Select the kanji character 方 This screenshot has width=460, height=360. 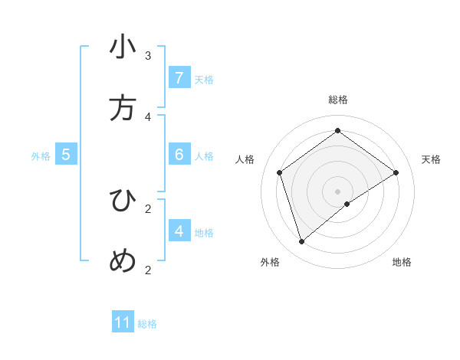click(x=123, y=108)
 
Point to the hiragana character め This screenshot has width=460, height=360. click(x=123, y=261)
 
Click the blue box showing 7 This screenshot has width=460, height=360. click(x=179, y=78)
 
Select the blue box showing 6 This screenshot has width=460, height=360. click(x=179, y=155)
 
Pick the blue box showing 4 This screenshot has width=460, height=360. click(x=179, y=231)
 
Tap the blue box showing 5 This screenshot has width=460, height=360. click(x=66, y=155)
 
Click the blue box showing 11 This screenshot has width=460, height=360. click(x=123, y=322)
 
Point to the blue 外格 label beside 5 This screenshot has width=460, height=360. click(x=41, y=156)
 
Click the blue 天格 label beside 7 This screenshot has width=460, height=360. click(x=204, y=80)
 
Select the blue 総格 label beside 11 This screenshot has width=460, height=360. click(x=147, y=324)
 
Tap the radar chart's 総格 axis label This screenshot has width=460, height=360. click(x=338, y=100)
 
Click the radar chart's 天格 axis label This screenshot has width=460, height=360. click(x=431, y=159)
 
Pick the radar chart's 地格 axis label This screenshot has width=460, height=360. click(x=402, y=262)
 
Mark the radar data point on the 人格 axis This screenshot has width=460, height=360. click(x=280, y=172)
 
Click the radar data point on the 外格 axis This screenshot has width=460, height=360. click(x=302, y=242)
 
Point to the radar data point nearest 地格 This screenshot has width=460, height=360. click(x=347, y=204)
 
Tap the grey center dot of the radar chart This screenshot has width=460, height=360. click(x=338, y=191)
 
